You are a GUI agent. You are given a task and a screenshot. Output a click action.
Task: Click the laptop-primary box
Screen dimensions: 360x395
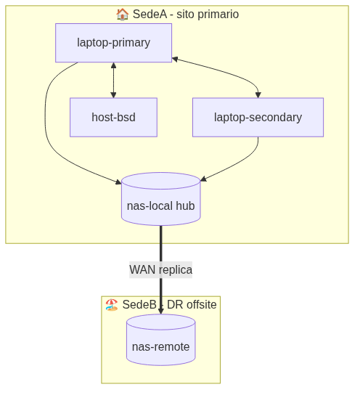(113, 43)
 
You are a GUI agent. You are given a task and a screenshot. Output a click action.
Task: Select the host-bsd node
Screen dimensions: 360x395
(113, 118)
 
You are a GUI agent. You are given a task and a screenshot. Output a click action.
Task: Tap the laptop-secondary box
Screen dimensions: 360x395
(258, 118)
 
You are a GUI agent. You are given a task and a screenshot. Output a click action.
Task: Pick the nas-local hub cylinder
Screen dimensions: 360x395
(161, 199)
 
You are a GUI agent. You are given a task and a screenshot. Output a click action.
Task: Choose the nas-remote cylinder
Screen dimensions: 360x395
(161, 340)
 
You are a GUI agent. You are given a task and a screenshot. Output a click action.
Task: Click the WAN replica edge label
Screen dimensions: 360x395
(161, 270)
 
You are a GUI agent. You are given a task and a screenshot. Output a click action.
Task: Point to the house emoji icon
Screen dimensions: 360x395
(123, 14)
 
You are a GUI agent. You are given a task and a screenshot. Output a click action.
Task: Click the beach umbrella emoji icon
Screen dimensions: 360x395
(112, 305)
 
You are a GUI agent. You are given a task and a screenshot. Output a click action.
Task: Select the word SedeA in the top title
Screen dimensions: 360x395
(150, 14)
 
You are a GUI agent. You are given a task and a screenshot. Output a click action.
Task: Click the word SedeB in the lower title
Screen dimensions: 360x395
(139, 305)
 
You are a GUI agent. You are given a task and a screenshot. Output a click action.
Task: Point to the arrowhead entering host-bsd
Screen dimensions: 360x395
(113, 95)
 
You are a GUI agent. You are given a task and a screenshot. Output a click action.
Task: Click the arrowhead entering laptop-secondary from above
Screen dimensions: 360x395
(258, 95)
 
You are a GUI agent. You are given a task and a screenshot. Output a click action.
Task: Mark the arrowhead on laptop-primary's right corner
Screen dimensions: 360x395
(175, 60)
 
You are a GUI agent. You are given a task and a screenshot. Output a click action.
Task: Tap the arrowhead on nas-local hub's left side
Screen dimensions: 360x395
(118, 182)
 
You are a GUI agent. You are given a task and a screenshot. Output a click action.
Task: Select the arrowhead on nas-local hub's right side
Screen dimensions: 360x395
(203, 179)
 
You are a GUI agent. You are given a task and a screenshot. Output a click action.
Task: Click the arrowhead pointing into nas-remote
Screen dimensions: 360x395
(161, 311)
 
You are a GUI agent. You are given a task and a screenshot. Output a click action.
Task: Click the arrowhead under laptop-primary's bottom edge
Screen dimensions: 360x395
(113, 65)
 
